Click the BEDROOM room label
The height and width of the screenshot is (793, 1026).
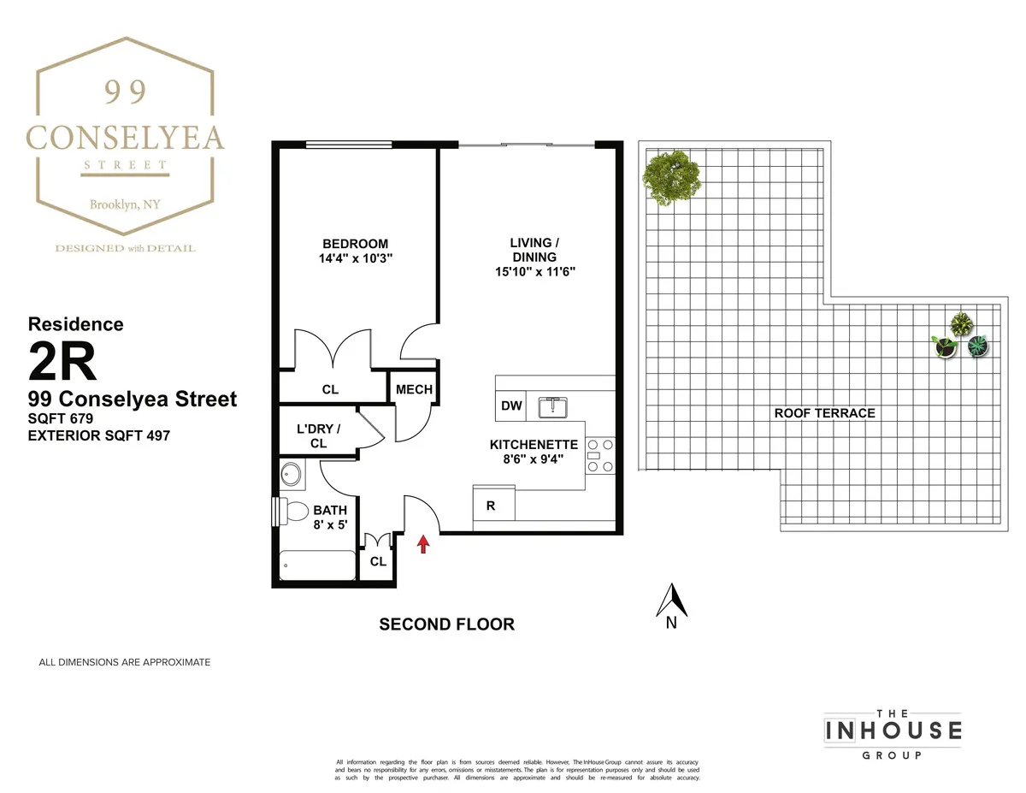pos(355,244)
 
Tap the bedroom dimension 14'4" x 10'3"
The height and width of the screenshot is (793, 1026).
pos(355,257)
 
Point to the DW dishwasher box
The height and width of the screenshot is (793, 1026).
pos(511,406)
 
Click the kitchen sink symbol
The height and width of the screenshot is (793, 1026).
pos(553,406)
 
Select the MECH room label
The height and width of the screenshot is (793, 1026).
pos(414,390)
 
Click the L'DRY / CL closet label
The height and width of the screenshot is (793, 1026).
pos(318,436)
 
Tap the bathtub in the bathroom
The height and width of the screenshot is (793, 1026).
pos(317,566)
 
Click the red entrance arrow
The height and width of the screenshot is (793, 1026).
pos(422,544)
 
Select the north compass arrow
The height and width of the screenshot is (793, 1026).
pos(672,600)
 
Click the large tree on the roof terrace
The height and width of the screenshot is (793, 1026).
pos(672,177)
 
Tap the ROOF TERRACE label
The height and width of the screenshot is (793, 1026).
pos(824,413)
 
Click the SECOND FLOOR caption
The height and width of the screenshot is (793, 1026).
pos(446,624)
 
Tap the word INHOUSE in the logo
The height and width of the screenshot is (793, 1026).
pos(893,731)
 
